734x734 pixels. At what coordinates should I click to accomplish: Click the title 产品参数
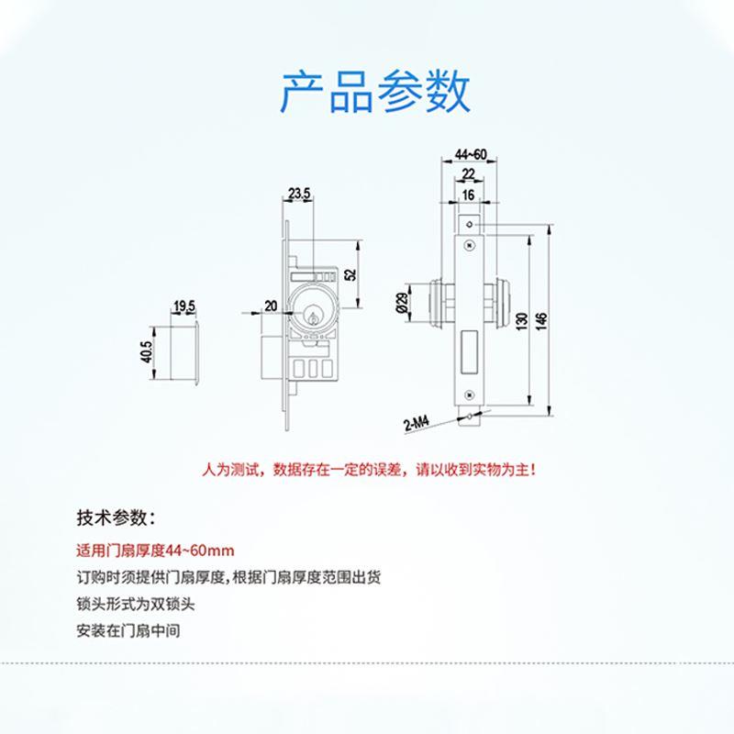point(374,90)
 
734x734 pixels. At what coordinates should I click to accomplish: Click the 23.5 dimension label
point(299,193)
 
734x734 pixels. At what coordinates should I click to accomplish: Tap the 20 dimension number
point(271,306)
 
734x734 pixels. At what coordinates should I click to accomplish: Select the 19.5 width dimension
point(184,306)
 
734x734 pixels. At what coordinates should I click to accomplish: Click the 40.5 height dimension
point(146,350)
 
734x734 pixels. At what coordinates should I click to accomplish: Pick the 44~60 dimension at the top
point(470,154)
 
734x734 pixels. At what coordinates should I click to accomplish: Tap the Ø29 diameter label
point(402,303)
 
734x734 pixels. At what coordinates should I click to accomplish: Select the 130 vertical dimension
point(520,320)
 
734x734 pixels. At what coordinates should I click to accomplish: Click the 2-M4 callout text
point(415,424)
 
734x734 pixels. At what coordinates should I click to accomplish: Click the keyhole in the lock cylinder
point(314,319)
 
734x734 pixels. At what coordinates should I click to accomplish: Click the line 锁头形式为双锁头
point(137,605)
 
